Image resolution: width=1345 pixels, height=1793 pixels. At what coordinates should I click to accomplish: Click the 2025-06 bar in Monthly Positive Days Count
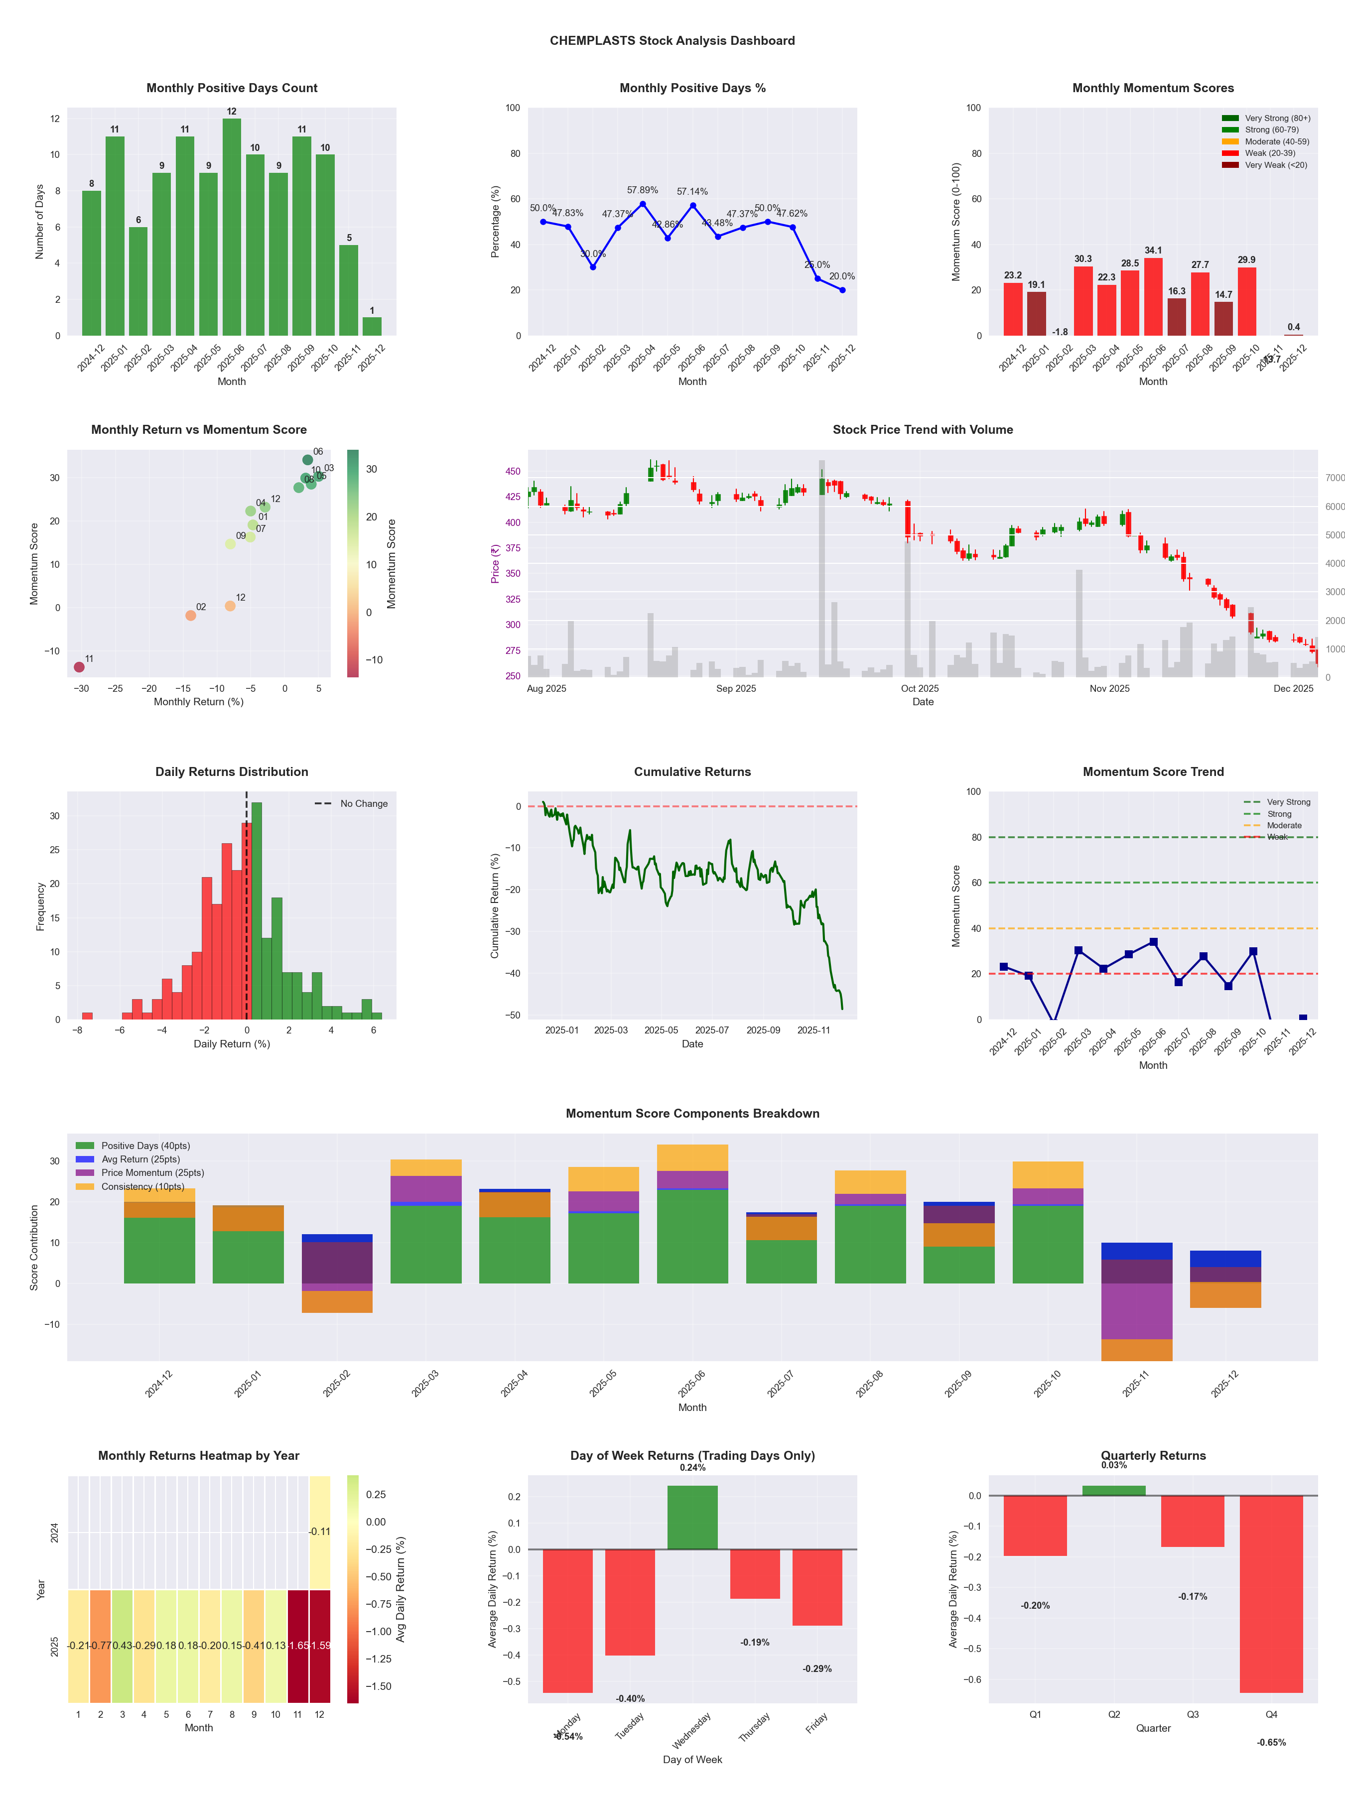232,227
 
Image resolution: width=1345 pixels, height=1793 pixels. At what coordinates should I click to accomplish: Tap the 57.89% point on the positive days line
643,204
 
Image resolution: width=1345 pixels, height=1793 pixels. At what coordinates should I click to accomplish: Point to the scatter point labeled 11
79,667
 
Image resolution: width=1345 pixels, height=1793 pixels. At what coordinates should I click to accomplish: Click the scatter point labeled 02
190,615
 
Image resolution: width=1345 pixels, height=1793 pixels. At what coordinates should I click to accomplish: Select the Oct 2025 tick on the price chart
920,688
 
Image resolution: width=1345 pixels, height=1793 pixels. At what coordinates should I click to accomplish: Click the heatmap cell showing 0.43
123,1646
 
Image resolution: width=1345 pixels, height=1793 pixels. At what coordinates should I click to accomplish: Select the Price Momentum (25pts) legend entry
152,1173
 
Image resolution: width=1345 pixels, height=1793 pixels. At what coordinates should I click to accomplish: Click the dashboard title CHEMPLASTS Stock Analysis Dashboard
672,40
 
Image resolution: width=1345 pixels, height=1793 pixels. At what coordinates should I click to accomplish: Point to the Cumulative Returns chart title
692,771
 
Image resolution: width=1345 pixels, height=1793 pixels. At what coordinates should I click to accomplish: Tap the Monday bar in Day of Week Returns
567,1621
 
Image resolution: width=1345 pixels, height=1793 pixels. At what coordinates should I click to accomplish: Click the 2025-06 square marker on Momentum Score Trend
1153,942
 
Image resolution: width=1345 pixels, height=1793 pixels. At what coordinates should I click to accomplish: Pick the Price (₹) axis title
495,563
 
